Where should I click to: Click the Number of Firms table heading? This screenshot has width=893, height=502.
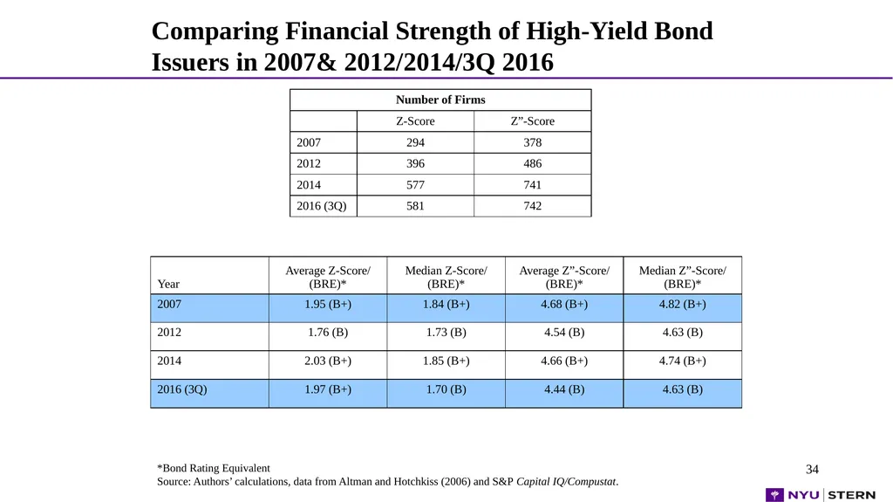point(440,100)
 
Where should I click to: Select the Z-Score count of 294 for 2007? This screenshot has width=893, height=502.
point(415,142)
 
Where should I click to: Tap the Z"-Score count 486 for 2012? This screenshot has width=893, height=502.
point(533,164)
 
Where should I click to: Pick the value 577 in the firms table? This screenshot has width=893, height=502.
point(415,185)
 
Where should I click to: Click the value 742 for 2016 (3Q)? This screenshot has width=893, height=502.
point(533,206)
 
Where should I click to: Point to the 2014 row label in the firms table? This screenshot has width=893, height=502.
point(309,185)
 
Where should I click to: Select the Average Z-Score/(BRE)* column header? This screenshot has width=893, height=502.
point(328,278)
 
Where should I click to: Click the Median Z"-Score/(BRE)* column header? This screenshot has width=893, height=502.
point(682,278)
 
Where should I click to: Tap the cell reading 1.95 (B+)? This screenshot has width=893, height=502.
point(328,305)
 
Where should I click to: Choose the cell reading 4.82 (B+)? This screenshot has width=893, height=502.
point(682,305)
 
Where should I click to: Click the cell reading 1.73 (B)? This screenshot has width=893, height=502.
point(446,333)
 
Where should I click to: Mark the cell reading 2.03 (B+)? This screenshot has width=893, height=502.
point(328,361)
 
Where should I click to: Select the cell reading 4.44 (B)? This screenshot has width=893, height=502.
point(564,389)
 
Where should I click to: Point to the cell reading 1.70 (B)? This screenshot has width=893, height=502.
point(446,389)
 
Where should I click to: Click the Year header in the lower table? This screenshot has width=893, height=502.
point(168,284)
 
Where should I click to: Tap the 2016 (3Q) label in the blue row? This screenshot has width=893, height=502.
point(182,389)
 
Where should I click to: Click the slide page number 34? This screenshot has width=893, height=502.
point(812,470)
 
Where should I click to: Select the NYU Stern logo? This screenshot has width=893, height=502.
point(821,495)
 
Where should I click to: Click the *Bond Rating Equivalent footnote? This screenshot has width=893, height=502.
point(214,468)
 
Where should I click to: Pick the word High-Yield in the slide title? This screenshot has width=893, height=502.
point(585,31)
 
